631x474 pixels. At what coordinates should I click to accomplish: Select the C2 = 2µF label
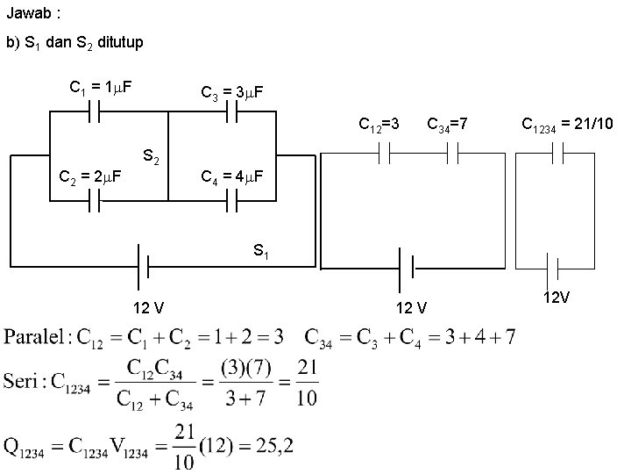(89, 178)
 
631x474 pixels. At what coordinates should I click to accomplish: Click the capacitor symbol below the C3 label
(233, 113)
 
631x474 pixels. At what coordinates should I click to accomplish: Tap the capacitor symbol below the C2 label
(97, 203)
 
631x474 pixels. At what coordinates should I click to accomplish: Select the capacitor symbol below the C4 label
(233, 203)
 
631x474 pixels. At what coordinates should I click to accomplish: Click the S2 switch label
(151, 158)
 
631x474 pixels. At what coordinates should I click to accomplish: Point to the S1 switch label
(261, 251)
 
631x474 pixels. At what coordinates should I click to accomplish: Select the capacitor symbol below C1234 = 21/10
(554, 154)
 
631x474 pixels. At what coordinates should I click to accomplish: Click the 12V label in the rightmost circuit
(556, 298)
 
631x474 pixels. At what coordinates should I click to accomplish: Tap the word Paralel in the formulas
(36, 337)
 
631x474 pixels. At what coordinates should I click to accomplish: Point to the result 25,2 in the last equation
(270, 446)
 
